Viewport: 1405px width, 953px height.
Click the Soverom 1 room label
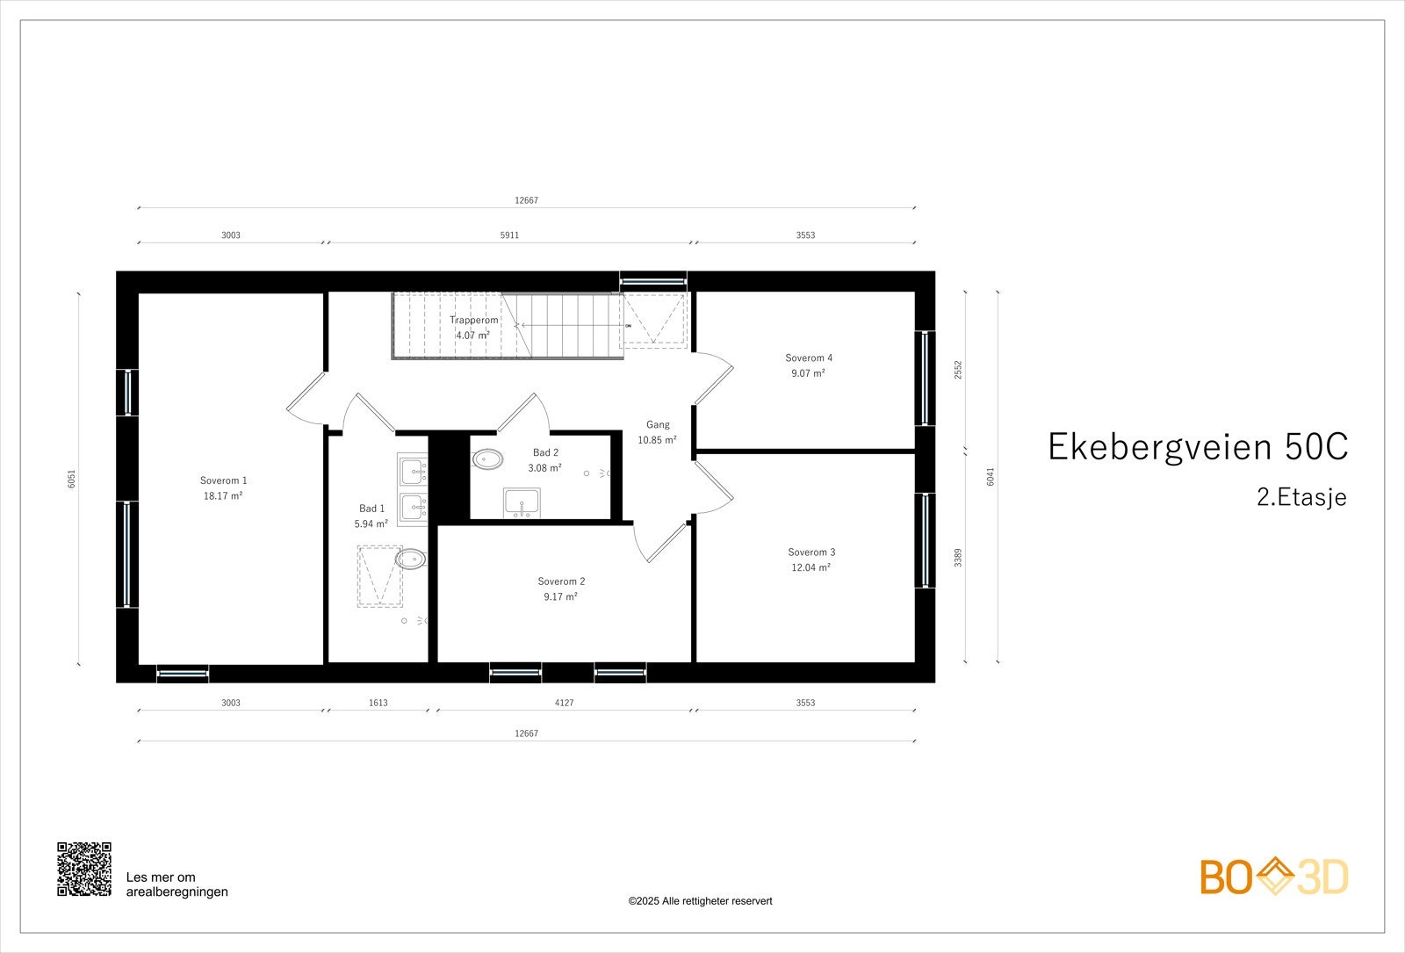[x=223, y=480]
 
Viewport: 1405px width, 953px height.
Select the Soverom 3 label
[x=811, y=552]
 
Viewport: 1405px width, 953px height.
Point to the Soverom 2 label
[x=561, y=581]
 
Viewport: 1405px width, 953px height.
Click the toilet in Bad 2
[x=487, y=458]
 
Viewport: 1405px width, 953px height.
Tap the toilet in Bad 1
[x=410, y=559]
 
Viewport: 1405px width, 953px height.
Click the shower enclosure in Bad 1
[x=379, y=576]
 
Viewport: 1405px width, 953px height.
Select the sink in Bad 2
[x=522, y=504]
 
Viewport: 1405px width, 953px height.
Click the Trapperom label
[x=473, y=320]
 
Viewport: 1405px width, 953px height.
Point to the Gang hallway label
[x=658, y=425]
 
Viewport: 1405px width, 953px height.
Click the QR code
[x=84, y=869]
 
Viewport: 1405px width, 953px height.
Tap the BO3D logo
[x=1274, y=877]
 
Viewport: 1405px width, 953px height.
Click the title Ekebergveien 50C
[x=1198, y=447]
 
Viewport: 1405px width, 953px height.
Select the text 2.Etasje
[x=1301, y=497]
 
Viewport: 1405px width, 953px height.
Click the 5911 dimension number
[x=509, y=235]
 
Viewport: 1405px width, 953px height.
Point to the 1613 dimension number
[x=378, y=703]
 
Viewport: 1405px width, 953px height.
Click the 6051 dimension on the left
[x=72, y=479]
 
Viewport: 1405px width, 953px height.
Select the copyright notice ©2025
[x=700, y=901]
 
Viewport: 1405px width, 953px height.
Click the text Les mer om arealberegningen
[x=177, y=884]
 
